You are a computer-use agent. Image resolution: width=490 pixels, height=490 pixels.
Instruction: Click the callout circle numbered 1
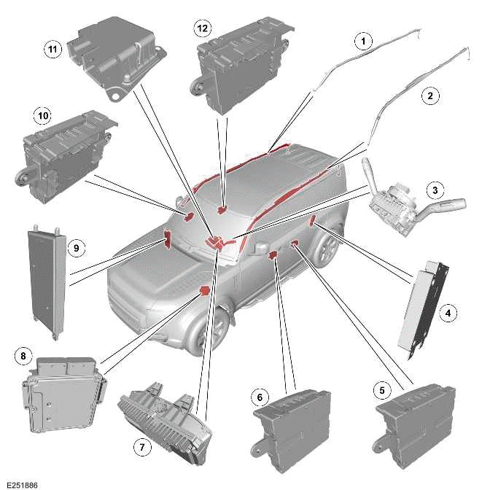359,42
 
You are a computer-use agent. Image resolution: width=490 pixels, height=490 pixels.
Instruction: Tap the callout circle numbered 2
430,95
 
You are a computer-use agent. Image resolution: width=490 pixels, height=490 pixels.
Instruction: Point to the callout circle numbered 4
450,314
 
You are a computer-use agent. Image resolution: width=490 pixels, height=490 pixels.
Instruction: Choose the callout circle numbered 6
258,397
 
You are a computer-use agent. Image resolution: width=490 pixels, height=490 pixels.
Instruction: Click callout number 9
75,248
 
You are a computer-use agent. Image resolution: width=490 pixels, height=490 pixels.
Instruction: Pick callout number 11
52,50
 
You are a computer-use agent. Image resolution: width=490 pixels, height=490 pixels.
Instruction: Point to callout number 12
202,28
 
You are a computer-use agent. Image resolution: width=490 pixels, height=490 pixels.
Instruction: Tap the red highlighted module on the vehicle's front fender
206,292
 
